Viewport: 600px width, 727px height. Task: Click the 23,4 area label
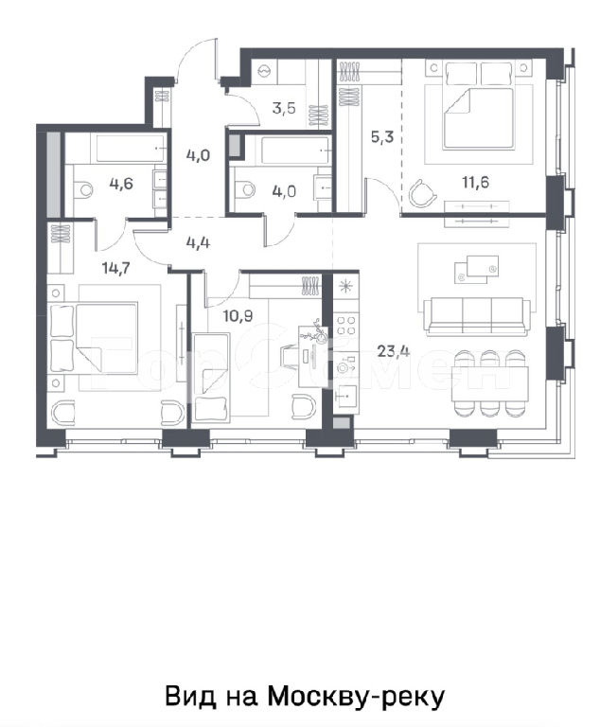(393, 351)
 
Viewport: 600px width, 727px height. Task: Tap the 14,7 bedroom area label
(115, 268)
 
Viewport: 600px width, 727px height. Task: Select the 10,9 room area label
(238, 316)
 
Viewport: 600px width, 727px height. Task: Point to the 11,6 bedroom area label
(475, 182)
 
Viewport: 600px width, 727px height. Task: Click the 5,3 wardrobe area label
(382, 136)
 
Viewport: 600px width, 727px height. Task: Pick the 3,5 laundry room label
(284, 109)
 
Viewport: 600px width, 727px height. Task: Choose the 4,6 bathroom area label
(121, 184)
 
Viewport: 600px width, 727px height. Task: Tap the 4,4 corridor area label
(198, 242)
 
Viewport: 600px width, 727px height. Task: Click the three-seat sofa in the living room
(477, 316)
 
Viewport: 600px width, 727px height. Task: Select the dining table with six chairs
(489, 383)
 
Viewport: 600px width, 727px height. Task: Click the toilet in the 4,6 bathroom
(83, 189)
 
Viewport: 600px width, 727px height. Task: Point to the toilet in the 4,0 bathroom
(245, 189)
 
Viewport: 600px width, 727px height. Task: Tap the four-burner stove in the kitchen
(346, 325)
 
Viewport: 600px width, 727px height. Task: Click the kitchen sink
(346, 396)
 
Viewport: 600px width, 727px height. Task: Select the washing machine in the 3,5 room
(264, 70)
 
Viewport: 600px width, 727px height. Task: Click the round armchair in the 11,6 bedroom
(423, 192)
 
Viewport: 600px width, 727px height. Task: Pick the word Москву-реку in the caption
(356, 697)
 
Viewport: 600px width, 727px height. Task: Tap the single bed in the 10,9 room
(211, 378)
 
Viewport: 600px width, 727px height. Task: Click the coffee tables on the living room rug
(476, 269)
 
